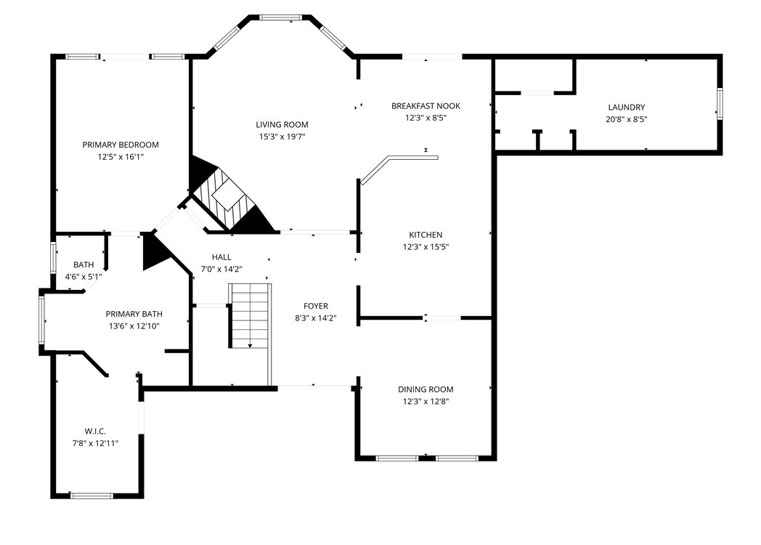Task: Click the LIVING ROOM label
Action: tap(282, 125)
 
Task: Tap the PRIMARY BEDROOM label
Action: tap(121, 145)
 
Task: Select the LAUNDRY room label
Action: tap(627, 108)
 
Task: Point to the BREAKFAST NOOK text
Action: tap(426, 106)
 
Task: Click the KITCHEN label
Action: tap(426, 235)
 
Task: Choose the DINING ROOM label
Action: tap(426, 389)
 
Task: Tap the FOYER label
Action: tap(316, 306)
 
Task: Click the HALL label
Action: tap(221, 257)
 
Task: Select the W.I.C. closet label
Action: tap(95, 432)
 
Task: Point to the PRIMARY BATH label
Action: tap(134, 314)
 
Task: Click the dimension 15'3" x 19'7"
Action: tap(282, 137)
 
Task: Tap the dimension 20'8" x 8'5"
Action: tap(627, 119)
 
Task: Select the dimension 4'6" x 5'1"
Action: tap(84, 277)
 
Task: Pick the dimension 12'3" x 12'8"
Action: tap(426, 402)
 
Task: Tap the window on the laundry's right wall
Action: tap(720, 103)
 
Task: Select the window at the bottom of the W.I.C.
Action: tap(91, 496)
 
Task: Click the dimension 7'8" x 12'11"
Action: tap(95, 443)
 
